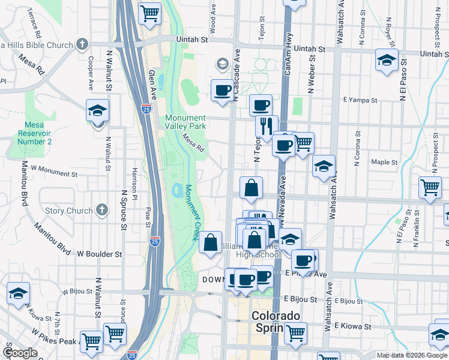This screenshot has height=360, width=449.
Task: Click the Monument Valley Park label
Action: coord(185,122)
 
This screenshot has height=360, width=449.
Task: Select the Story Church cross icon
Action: coord(102,210)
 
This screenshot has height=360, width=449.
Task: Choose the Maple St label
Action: coord(384,162)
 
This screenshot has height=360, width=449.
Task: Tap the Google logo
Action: coord(20,353)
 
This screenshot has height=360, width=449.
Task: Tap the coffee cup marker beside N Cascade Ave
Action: coord(222,90)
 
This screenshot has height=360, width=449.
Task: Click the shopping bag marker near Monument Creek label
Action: coord(210,243)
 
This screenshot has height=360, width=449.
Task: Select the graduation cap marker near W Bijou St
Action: coord(18,293)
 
